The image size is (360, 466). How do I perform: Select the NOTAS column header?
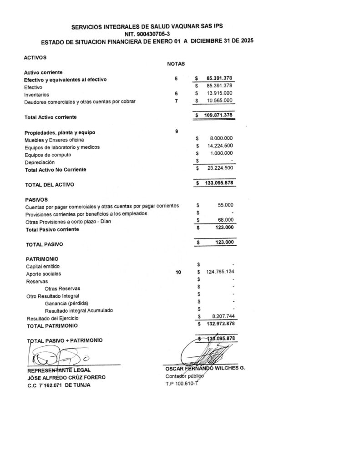click(x=176, y=64)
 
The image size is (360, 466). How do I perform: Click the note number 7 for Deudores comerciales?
click(x=176, y=101)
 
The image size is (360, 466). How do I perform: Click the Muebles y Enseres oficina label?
click(x=54, y=140)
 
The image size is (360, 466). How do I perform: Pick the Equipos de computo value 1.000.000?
click(x=221, y=153)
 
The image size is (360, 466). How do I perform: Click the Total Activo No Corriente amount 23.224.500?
click(x=219, y=168)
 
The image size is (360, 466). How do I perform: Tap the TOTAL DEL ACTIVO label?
click(x=50, y=185)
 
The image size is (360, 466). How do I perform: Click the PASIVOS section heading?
click(x=36, y=200)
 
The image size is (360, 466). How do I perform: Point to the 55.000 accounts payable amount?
click(x=225, y=205)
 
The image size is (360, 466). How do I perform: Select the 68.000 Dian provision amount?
click(x=225, y=220)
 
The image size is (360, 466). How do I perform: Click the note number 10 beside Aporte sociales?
click(x=178, y=273)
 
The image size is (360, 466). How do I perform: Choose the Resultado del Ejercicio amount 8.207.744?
click(x=223, y=316)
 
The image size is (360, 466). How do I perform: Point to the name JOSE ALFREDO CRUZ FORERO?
click(x=66, y=378)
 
